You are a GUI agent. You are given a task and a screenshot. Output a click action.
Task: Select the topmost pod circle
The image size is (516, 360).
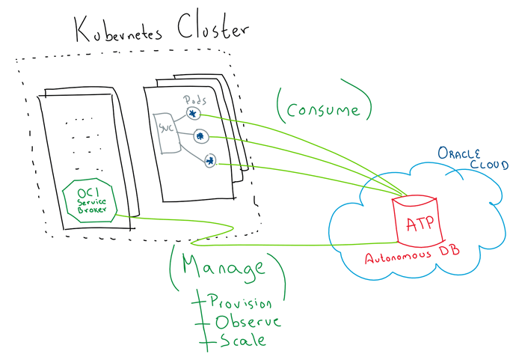tap(194, 114)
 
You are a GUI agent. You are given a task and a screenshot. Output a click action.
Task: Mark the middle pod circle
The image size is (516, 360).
tap(200, 136)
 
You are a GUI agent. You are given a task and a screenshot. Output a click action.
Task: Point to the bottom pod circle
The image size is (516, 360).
tap(210, 160)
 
